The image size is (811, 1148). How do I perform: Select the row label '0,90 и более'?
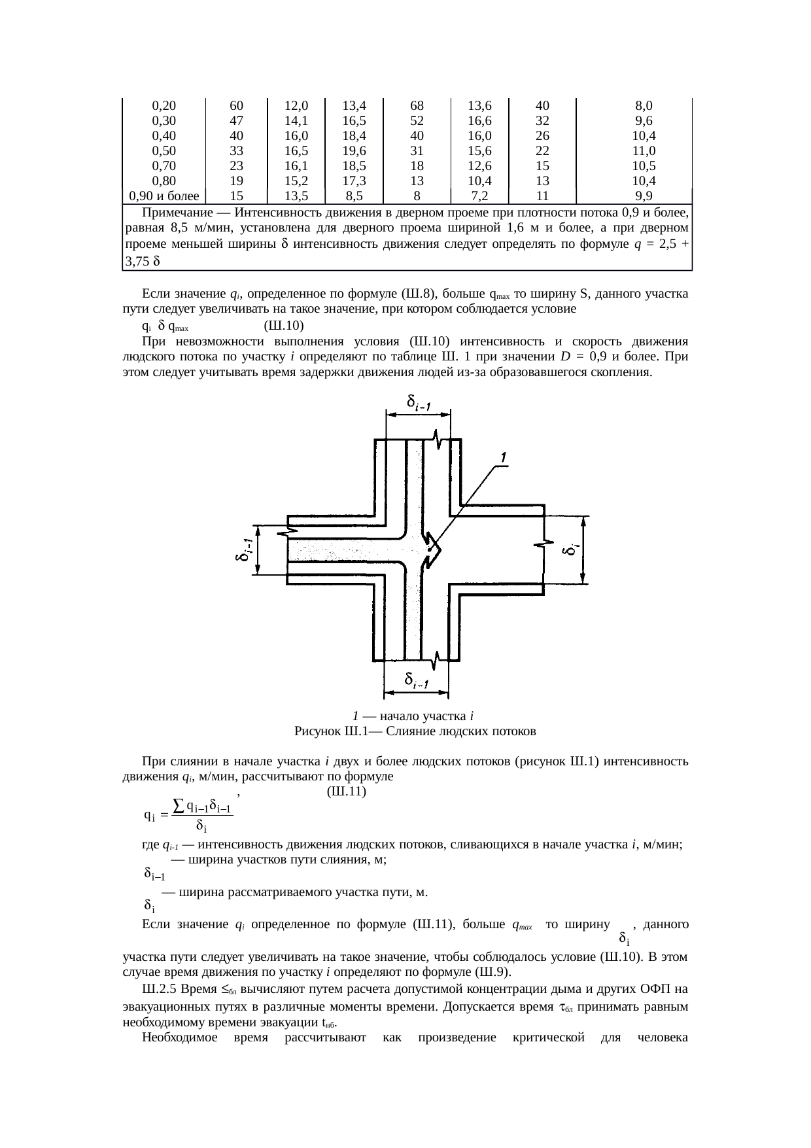tap(164, 196)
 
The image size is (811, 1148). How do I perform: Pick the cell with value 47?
tap(237, 121)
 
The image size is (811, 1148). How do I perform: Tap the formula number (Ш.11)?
tap(345, 791)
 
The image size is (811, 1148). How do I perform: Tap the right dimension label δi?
tap(570, 549)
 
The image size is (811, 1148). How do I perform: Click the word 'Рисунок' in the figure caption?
tap(316, 731)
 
